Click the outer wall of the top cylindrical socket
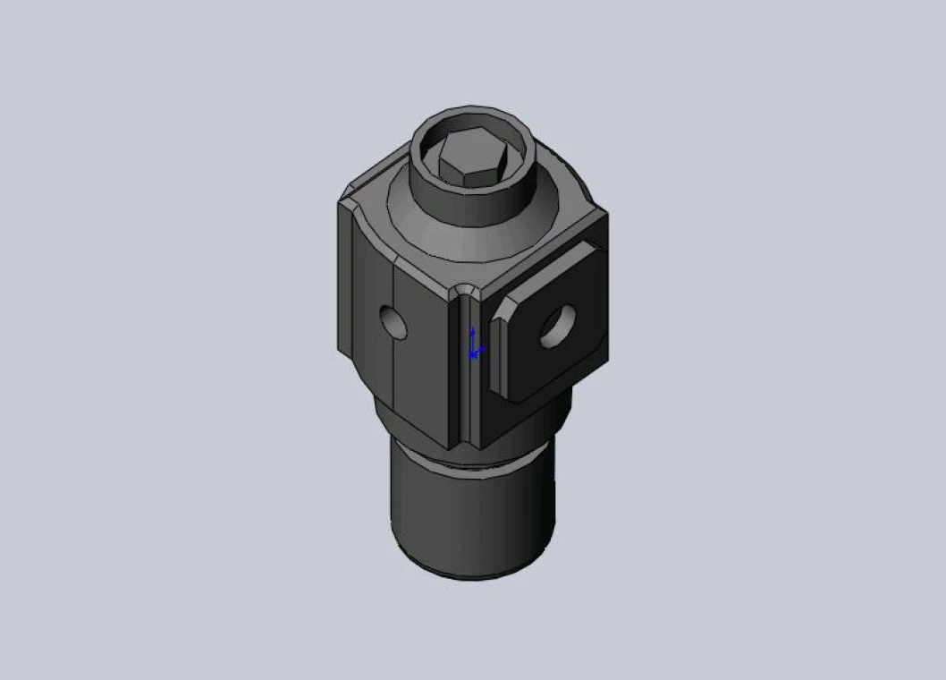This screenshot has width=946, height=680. (474, 206)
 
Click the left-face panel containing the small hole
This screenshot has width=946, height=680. (420, 358)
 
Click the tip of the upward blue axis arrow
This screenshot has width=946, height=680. (473, 330)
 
